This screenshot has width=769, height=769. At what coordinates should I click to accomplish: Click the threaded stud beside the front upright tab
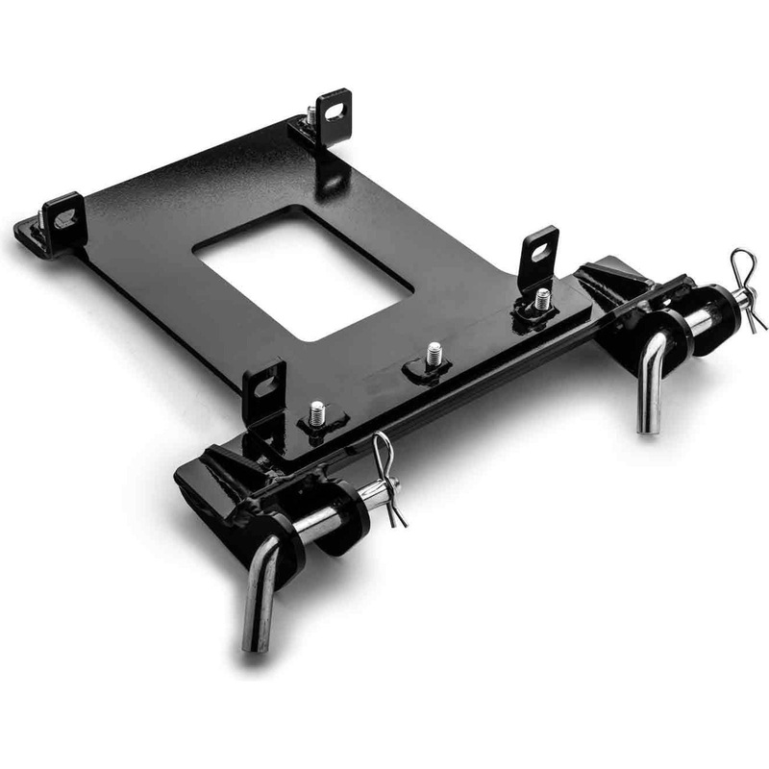coord(316,414)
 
